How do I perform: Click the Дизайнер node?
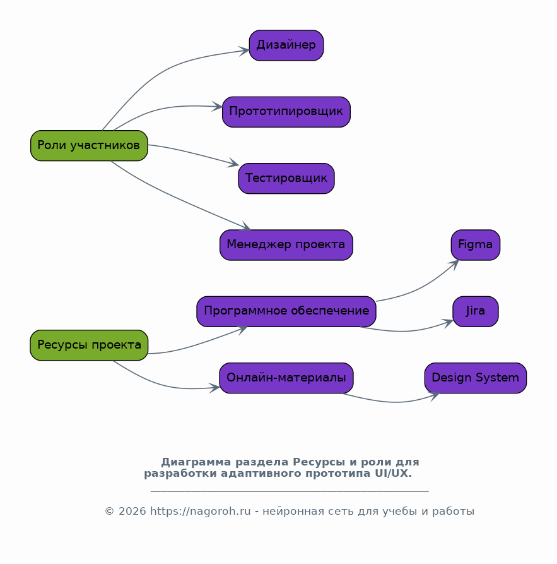[286, 45]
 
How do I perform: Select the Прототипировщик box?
[286, 112]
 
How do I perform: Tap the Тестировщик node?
[286, 178]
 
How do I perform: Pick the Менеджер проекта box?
[286, 245]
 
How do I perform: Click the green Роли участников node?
[89, 146]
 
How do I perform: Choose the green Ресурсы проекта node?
[89, 345]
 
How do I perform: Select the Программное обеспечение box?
[286, 311]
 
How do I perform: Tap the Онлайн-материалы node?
[286, 378]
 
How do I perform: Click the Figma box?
[476, 245]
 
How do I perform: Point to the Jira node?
[476, 311]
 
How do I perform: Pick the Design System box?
[476, 378]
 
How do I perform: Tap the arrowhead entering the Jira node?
[448, 323]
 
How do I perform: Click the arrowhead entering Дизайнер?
[244, 51]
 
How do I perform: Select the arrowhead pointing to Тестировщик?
[233, 163]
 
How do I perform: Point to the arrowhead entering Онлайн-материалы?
[214, 388]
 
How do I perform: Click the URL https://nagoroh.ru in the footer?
[200, 511]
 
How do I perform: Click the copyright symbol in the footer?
[109, 511]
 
